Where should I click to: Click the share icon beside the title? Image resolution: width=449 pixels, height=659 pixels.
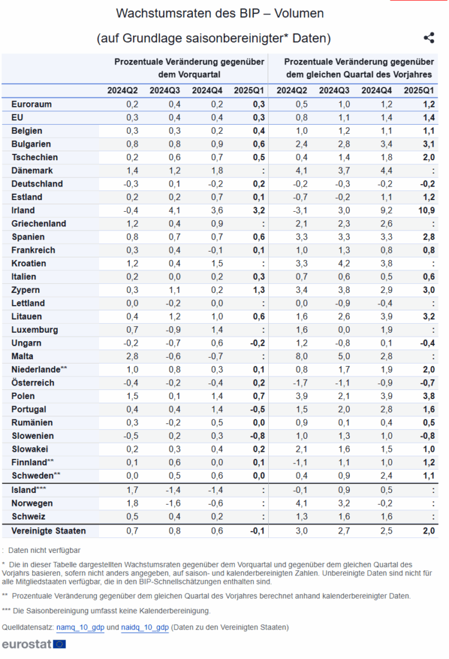coord(429,38)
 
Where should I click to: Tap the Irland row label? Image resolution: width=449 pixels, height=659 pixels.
coord(23,210)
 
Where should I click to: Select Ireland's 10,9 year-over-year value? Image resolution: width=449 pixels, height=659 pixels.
coord(426,210)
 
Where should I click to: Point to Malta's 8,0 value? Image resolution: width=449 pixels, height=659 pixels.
coord(302,356)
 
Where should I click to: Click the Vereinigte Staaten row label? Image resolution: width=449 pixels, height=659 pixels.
coord(49,531)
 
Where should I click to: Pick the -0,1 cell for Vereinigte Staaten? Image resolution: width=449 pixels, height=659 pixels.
coord(257,531)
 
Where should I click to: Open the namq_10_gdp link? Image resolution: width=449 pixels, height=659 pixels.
coord(80,627)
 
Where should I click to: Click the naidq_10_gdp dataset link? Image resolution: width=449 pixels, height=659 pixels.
coord(145,627)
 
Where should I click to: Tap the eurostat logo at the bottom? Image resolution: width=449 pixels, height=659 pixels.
coord(34,644)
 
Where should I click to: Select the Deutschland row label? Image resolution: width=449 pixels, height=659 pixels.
coord(37,183)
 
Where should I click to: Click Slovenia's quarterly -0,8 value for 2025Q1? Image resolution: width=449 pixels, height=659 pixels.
coord(257,436)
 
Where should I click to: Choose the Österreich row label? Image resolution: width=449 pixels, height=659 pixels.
coord(33,382)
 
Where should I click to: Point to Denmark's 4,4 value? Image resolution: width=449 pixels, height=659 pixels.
coord(386,170)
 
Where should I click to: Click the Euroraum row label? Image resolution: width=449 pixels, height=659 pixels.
coord(32,104)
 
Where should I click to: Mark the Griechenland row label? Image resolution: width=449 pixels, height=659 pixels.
coord(39,223)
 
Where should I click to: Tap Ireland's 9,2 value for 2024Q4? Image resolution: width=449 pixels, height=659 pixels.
coord(386,210)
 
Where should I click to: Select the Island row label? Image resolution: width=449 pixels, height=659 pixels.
coord(28,490)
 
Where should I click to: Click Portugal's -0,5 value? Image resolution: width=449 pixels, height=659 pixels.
coord(257,409)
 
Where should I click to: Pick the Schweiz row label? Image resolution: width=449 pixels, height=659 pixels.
coord(28,517)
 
